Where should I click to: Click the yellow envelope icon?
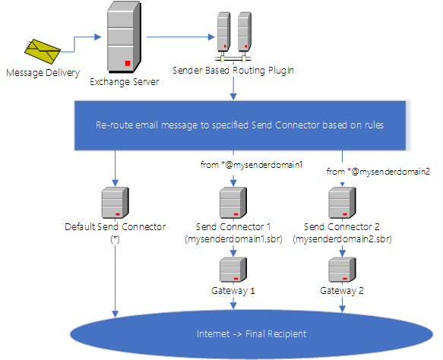[x=43, y=52]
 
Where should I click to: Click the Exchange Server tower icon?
[x=124, y=37]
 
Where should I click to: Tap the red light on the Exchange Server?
[x=128, y=63]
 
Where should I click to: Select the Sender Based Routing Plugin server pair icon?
[x=233, y=36]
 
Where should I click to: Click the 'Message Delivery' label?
[x=43, y=73]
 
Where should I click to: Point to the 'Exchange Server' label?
[x=125, y=82]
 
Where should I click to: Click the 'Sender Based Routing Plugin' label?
[x=233, y=71]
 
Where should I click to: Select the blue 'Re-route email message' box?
[x=240, y=125]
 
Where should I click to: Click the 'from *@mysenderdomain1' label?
[x=252, y=165]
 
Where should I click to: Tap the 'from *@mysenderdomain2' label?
[x=378, y=172]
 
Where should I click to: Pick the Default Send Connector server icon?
[x=115, y=203]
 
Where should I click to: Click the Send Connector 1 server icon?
[x=233, y=203]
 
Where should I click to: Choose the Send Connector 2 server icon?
[x=342, y=203]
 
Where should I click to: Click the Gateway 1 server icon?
[x=233, y=270]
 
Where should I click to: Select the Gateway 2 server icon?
[x=342, y=270]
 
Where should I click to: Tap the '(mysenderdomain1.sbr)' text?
[x=233, y=239]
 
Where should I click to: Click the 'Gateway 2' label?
[x=342, y=291]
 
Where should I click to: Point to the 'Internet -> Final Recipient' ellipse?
[x=252, y=334]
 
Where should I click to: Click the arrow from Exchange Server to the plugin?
[x=181, y=36]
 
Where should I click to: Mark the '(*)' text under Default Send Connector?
[x=115, y=239]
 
